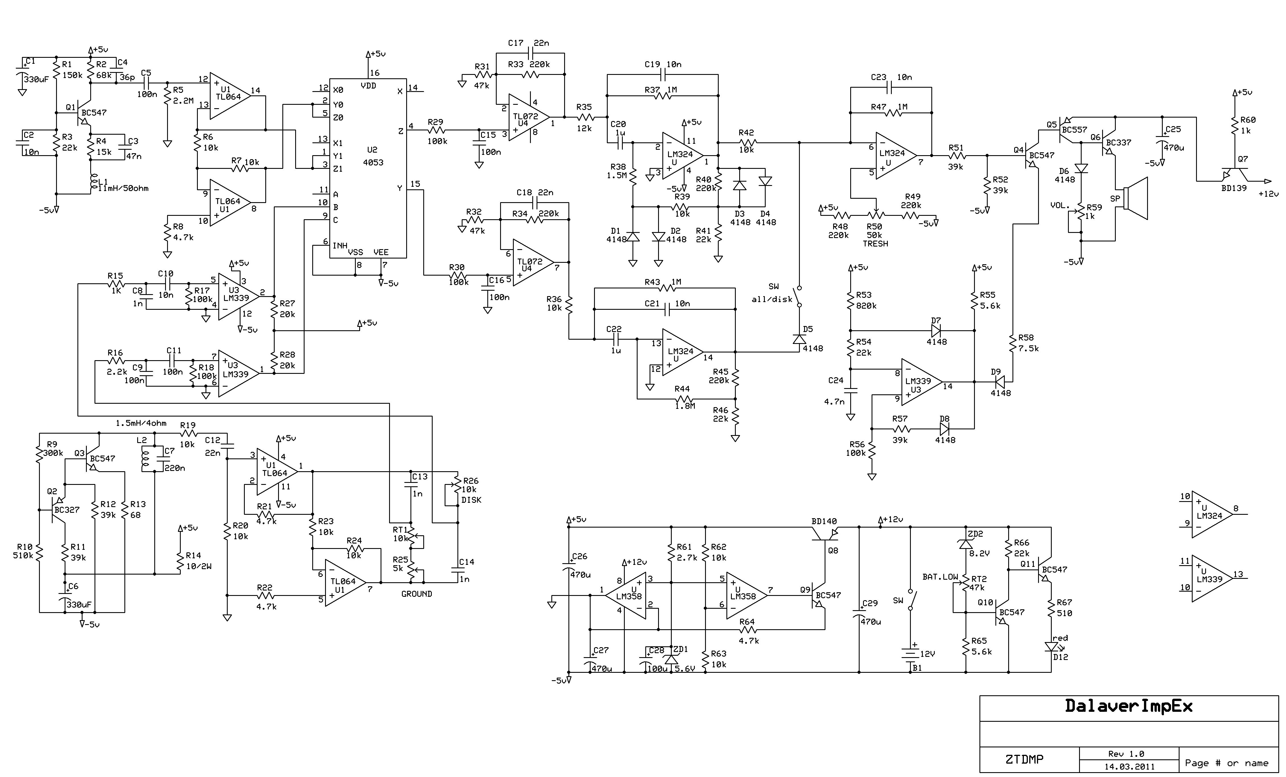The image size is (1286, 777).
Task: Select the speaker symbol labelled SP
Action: [1134, 198]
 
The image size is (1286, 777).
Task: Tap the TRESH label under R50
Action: [875, 244]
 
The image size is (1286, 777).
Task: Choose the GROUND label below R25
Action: [416, 594]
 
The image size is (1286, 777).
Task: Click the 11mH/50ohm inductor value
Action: [123, 188]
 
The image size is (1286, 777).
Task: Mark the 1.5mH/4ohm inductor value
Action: [141, 423]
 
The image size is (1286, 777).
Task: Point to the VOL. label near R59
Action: [1060, 205]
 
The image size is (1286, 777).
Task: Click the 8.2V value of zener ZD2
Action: [980, 553]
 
